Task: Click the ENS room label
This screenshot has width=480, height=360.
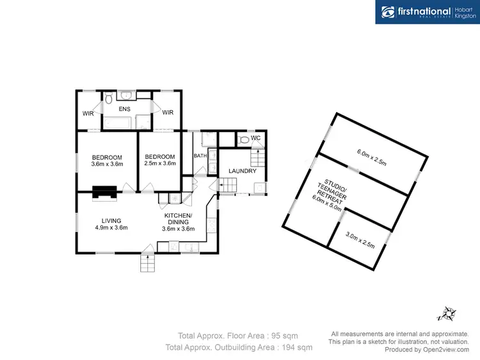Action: pos(124,110)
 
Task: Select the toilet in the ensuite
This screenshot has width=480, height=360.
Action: pos(109,99)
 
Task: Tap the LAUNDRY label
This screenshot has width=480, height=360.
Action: pos(243,171)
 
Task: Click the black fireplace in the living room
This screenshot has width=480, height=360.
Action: pos(104,192)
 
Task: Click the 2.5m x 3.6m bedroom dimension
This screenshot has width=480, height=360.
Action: pos(159,164)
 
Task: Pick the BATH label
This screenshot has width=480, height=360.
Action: pos(200,156)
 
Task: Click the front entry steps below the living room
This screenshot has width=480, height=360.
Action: pos(148,263)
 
